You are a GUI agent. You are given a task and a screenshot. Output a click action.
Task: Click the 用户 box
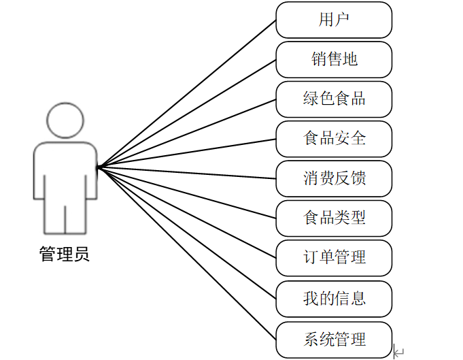point(334,20)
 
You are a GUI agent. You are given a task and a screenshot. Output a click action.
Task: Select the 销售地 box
point(334,59)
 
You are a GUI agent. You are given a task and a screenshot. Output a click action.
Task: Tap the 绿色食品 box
point(334,99)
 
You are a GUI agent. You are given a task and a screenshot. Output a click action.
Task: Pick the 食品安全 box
point(334,138)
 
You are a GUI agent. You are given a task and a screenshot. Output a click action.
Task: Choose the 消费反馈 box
point(334,178)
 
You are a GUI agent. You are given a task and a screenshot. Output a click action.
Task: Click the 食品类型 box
point(334,218)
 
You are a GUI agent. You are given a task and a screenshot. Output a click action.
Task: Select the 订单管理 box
point(334,257)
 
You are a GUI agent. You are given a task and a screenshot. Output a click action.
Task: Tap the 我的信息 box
point(334,297)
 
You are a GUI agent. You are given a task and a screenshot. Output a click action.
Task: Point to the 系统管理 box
point(334,338)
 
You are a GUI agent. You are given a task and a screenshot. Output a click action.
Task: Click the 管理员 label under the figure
point(65,255)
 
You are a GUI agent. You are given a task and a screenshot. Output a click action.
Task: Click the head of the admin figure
point(65,120)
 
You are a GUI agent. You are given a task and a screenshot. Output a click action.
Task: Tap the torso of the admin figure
point(65,170)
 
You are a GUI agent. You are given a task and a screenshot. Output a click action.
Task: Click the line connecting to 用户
point(187,93)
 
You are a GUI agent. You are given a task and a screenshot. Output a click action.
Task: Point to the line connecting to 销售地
point(187,112)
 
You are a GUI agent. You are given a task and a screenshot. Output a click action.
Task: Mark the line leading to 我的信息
point(187,232)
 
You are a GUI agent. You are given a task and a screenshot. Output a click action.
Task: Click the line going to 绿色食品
point(187,132)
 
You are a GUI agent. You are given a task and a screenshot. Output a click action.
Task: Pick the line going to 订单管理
point(187,212)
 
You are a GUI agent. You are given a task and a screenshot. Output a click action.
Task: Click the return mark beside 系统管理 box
point(399,353)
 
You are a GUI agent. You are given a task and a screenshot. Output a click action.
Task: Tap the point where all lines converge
point(98,167)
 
